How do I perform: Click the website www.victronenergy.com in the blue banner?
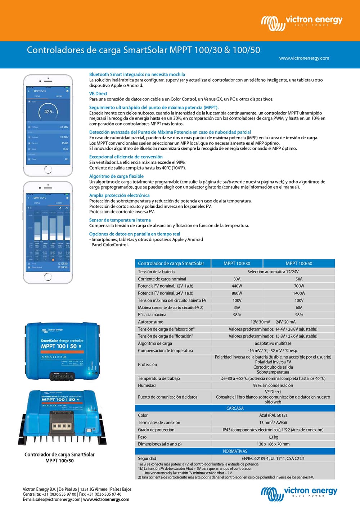coord(304,58)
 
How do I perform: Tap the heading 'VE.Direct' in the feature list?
coord(98,94)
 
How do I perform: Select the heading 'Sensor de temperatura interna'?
coord(120,220)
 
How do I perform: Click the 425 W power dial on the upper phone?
coord(48,112)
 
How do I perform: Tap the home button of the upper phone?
coord(48,169)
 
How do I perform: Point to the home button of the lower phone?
coord(48,277)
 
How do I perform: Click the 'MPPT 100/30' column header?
coord(237,263)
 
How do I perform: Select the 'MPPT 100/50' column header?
coord(299,263)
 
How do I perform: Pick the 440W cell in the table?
coord(237,286)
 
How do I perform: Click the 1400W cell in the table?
coord(299,293)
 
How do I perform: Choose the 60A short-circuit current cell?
coord(299,307)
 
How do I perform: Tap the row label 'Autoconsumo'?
coord(150,322)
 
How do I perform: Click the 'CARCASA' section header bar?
coord(235,408)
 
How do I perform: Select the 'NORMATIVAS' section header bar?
coord(235,451)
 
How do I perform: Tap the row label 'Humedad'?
coord(147,385)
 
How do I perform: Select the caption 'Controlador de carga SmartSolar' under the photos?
coord(59,454)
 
